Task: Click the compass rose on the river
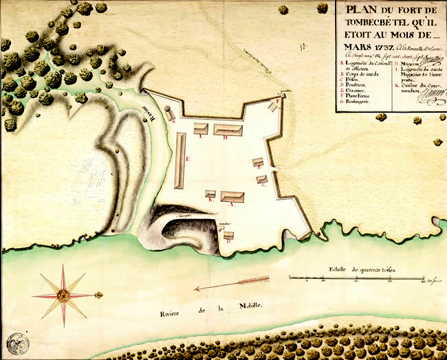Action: [64, 295]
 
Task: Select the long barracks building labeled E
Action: [180, 160]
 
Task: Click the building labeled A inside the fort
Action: [232, 196]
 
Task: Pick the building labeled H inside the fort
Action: [227, 129]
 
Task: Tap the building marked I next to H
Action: [201, 128]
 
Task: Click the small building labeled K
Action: [210, 194]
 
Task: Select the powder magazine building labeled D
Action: [228, 236]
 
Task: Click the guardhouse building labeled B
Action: [258, 162]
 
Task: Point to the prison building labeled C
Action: [261, 179]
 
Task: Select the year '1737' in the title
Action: [378, 46]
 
